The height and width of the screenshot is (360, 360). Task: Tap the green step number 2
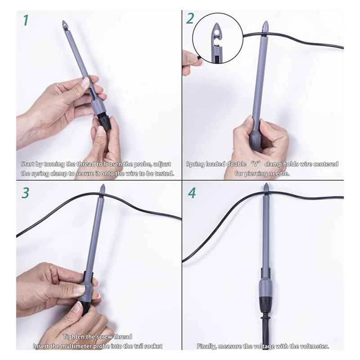[x=190, y=19]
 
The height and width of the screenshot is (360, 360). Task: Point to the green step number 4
[x=192, y=193]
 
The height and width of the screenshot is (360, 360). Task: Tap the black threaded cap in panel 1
[x=104, y=122]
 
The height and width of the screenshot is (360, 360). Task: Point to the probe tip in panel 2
[x=265, y=25]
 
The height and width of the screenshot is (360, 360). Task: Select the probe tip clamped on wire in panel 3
[x=102, y=188]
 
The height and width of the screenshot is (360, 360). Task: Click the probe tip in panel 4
[x=266, y=189]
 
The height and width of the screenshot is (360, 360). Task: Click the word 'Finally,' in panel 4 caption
[x=208, y=346]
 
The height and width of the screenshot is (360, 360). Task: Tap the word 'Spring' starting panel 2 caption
[x=196, y=164]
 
